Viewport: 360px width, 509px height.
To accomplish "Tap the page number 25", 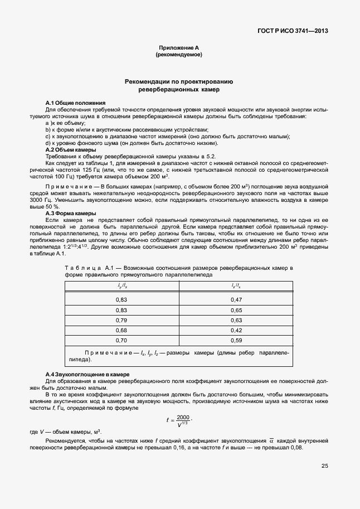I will pyautogui.click(x=324, y=466).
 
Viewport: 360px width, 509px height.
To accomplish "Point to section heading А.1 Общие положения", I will pyautogui.click(x=75, y=104).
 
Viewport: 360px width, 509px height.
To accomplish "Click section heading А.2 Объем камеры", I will pyautogui.click(x=71, y=150).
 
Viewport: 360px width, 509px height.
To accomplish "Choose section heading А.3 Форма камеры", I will pyautogui.click(x=71, y=214).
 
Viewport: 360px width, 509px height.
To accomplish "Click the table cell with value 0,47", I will pyautogui.click(x=236, y=300).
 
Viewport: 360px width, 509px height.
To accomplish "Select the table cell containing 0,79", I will pyautogui.click(x=121, y=320).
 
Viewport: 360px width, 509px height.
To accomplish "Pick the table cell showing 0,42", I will pyautogui.click(x=236, y=330).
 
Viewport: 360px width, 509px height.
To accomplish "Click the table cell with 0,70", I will pyautogui.click(x=121, y=340).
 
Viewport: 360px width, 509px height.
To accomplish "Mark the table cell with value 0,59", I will pyautogui.click(x=236, y=340).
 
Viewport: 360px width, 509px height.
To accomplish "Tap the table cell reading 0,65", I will pyautogui.click(x=236, y=310).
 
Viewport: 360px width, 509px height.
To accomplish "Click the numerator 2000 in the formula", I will pyautogui.click(x=183, y=418).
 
